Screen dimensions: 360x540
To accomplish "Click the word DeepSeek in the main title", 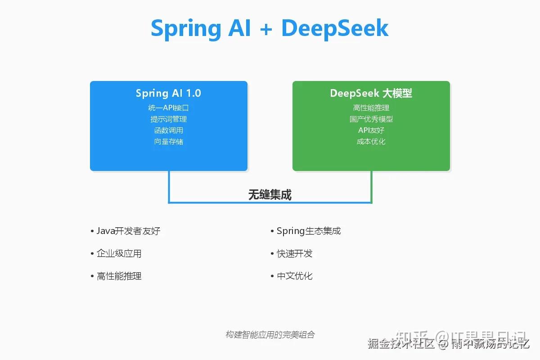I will point(335,28).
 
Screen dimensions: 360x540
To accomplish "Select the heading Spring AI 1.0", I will point(168,93).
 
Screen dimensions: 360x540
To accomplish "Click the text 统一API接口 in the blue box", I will point(168,108).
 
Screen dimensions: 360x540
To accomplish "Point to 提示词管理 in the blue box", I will point(168,119).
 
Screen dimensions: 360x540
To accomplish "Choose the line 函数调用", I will point(168,130).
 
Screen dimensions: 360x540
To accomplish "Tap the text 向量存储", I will point(168,142).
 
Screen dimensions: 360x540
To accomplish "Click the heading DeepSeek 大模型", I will point(371,93).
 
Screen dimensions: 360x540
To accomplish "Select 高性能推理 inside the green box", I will point(371,108).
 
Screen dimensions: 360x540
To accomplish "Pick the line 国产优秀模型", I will point(371,119).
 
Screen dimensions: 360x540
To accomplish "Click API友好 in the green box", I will point(371,130).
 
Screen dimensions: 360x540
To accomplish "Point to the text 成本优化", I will point(371,142).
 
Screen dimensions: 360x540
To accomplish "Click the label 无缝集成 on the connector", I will point(270,195).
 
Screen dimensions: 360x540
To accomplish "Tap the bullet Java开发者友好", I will point(128,231).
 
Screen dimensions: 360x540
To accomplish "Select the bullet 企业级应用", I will point(119,254).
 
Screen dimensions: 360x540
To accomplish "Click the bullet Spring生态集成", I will point(309,231).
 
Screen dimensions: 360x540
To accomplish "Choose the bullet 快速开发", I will point(294,254).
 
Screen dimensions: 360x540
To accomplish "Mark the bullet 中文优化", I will point(294,276).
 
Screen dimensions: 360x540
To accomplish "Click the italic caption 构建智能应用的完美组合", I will point(270,335).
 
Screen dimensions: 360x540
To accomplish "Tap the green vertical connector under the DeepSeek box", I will point(371,187).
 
